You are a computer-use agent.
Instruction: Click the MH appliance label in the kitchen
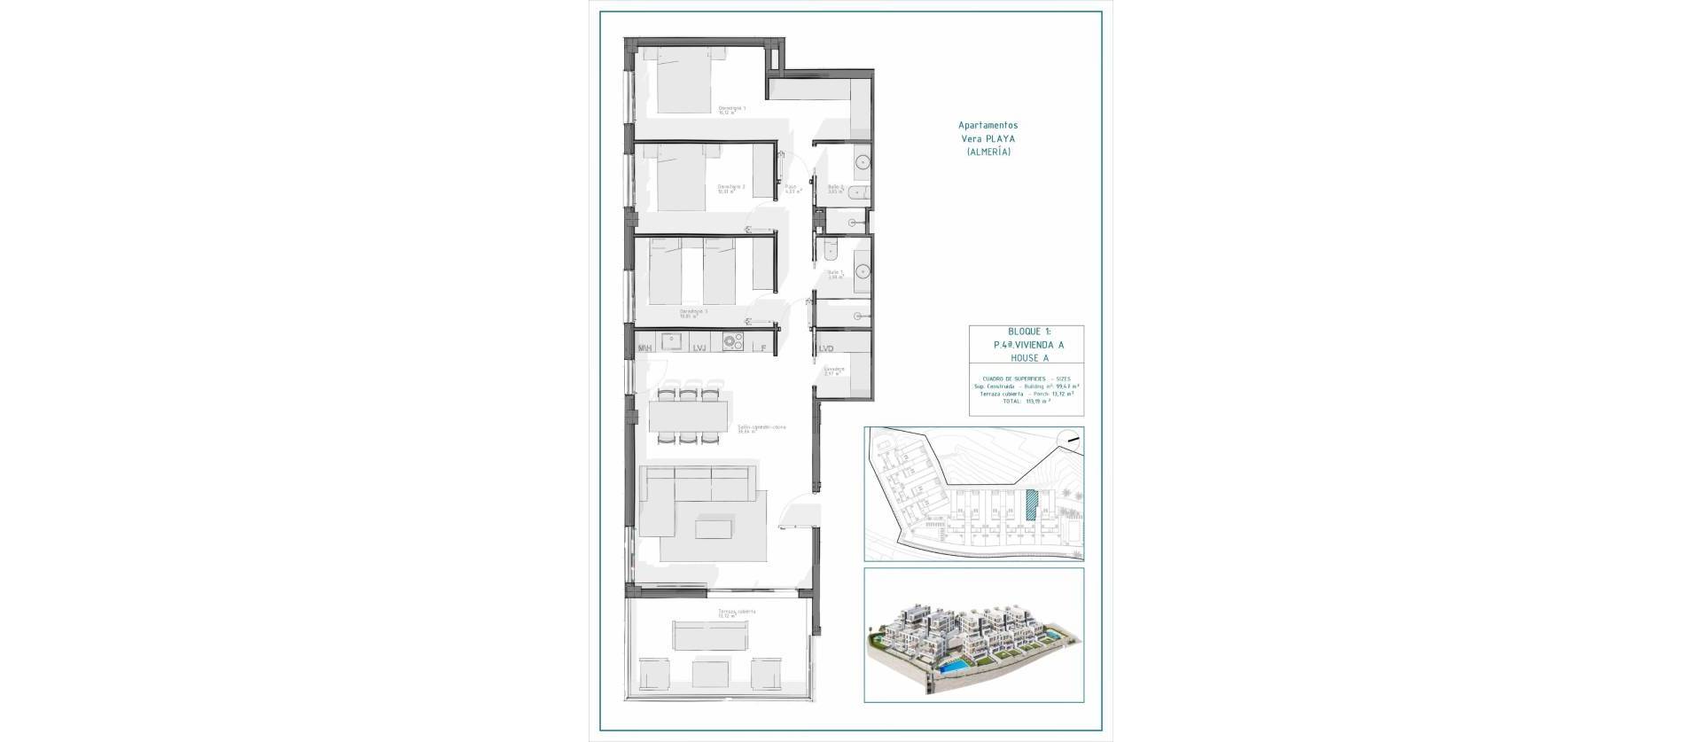(645, 348)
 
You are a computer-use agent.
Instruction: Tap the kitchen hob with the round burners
(732, 340)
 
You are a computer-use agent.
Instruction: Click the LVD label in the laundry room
(827, 348)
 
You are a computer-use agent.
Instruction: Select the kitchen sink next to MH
(671, 340)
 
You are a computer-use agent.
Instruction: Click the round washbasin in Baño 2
(862, 163)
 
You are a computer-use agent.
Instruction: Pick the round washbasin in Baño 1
(862, 272)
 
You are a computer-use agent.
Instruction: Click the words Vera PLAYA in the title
(988, 139)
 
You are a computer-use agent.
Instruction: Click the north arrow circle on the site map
(1072, 438)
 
